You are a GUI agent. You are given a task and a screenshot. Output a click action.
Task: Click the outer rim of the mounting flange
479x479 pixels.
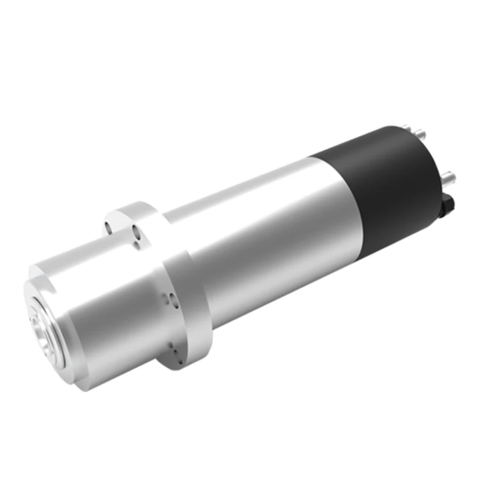192,319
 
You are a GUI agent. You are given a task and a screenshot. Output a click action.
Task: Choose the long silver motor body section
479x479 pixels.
268,236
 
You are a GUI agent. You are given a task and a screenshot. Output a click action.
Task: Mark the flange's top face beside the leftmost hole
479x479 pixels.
121,217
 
